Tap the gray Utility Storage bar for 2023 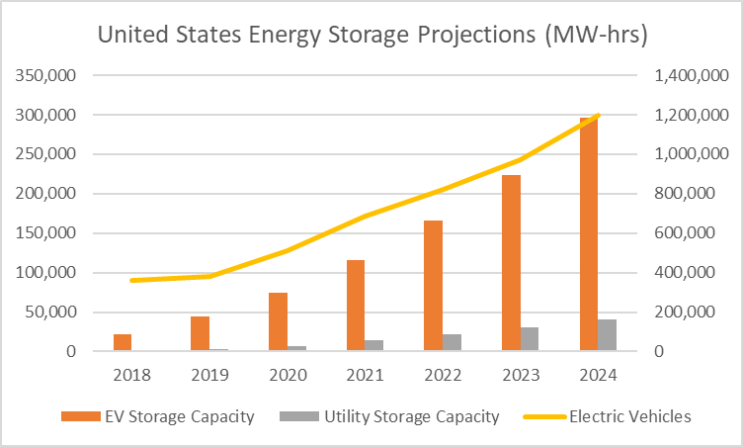[530, 339]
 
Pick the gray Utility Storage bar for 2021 [374, 345]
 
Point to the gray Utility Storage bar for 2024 [608, 335]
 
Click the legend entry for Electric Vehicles [629, 416]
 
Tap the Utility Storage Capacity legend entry [411, 416]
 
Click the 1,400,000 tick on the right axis [689, 75]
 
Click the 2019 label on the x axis [209, 376]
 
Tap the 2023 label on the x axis [521, 376]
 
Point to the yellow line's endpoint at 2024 [599, 116]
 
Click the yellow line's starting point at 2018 [131, 281]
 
